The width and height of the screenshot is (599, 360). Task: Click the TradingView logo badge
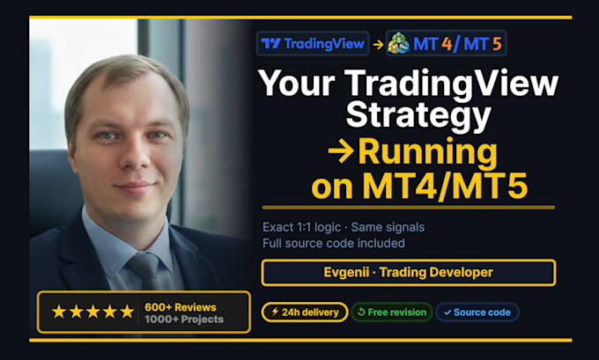[x=313, y=43]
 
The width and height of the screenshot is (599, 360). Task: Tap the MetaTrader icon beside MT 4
[x=398, y=43]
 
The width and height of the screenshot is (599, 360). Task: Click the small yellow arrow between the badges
[x=378, y=44]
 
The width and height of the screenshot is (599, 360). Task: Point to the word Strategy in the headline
[x=418, y=115]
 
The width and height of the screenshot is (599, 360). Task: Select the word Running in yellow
[x=427, y=152]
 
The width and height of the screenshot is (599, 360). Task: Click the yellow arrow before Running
[x=341, y=151]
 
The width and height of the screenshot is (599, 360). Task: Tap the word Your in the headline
[x=297, y=83]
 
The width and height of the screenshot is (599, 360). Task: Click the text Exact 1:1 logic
[x=301, y=227]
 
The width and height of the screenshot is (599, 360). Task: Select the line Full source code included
[x=334, y=243]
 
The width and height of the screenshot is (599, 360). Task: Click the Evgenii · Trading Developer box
[x=409, y=273]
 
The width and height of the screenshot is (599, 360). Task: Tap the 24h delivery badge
[x=305, y=312]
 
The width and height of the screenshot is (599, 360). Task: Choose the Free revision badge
[x=392, y=312]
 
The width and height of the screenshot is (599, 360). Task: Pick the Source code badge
[x=477, y=312]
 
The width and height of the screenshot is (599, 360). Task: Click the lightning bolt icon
[x=275, y=312]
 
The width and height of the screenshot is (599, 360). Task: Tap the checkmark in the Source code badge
[x=447, y=312]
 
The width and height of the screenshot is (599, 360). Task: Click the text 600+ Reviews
[x=181, y=307]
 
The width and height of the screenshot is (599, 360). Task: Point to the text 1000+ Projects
[x=184, y=320]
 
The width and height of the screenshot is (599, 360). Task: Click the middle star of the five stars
[x=92, y=312]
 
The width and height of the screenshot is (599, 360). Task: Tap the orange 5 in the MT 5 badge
[x=497, y=44]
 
